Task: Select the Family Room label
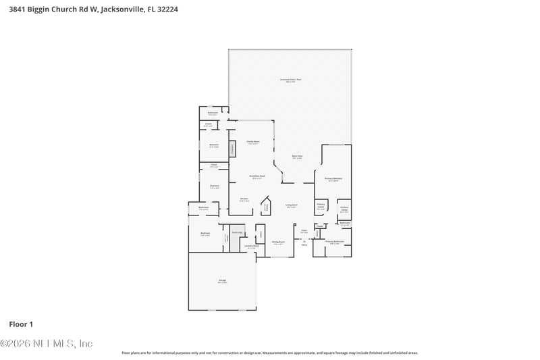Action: click(x=253, y=142)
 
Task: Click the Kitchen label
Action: click(x=244, y=199)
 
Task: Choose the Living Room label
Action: click(x=292, y=205)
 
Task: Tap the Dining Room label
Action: click(x=278, y=242)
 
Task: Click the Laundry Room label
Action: click(x=251, y=247)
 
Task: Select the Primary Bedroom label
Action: click(x=333, y=179)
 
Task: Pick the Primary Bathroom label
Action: click(x=335, y=242)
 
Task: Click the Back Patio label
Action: click(x=297, y=157)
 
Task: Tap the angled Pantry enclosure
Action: click(x=265, y=207)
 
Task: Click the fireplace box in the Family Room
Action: click(x=233, y=149)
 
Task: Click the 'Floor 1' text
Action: click(x=21, y=324)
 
